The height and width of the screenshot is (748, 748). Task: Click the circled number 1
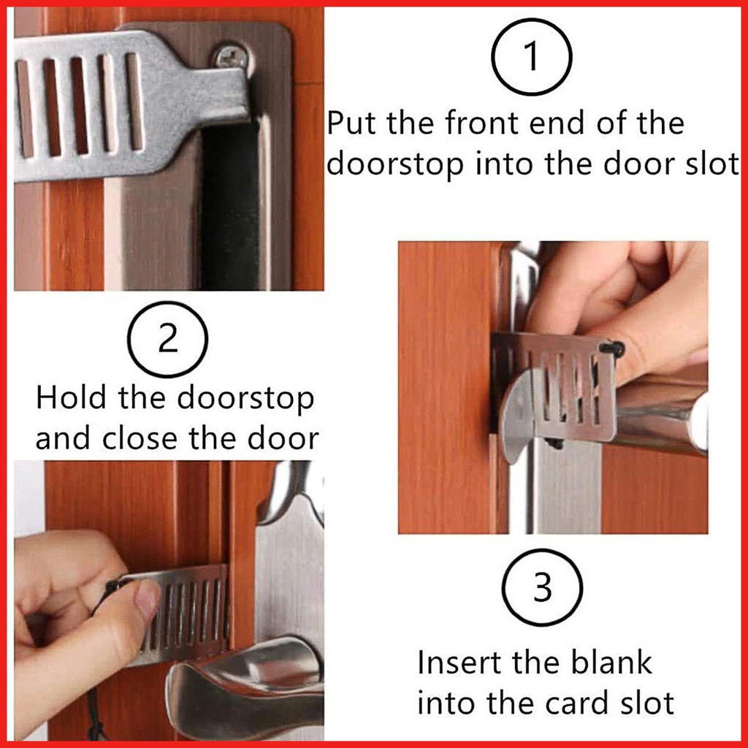pyautogui.click(x=532, y=56)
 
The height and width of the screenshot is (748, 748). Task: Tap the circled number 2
pyautogui.click(x=167, y=339)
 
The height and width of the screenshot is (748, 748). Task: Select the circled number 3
pyautogui.click(x=543, y=587)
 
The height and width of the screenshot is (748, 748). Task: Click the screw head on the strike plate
pyautogui.click(x=230, y=58)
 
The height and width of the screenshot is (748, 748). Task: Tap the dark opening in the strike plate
pyautogui.click(x=230, y=205)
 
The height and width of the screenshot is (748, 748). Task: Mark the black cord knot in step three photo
pyautogui.click(x=612, y=348)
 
